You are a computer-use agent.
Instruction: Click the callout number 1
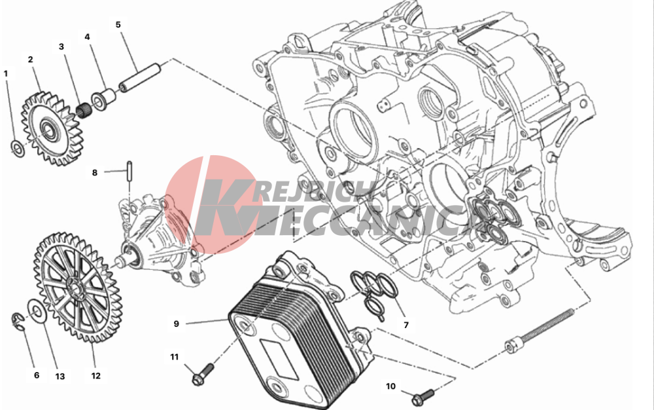click(6, 74)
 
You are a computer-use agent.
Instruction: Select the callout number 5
click(118, 25)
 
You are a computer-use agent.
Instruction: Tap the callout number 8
click(95, 172)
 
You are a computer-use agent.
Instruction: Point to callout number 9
click(177, 324)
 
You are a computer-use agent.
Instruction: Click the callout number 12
click(96, 376)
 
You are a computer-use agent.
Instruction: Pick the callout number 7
click(406, 325)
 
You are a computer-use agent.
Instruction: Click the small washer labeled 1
click(18, 149)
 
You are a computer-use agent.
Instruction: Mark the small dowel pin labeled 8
click(129, 171)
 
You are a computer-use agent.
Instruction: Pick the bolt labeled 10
click(422, 397)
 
